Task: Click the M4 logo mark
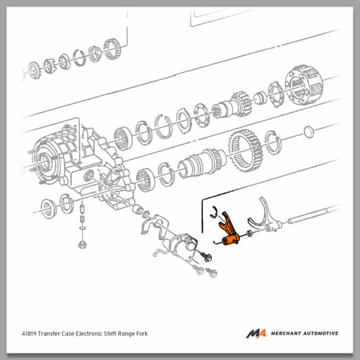256,333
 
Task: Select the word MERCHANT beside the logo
286,333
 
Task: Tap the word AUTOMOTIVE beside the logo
321,333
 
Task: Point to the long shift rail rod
314,214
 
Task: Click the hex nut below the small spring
82,245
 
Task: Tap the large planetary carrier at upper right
304,84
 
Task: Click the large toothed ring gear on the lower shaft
246,150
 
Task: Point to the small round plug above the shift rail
309,132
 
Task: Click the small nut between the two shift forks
249,233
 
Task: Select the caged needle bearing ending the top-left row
112,49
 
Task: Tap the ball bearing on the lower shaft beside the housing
145,180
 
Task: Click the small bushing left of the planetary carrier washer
260,98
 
